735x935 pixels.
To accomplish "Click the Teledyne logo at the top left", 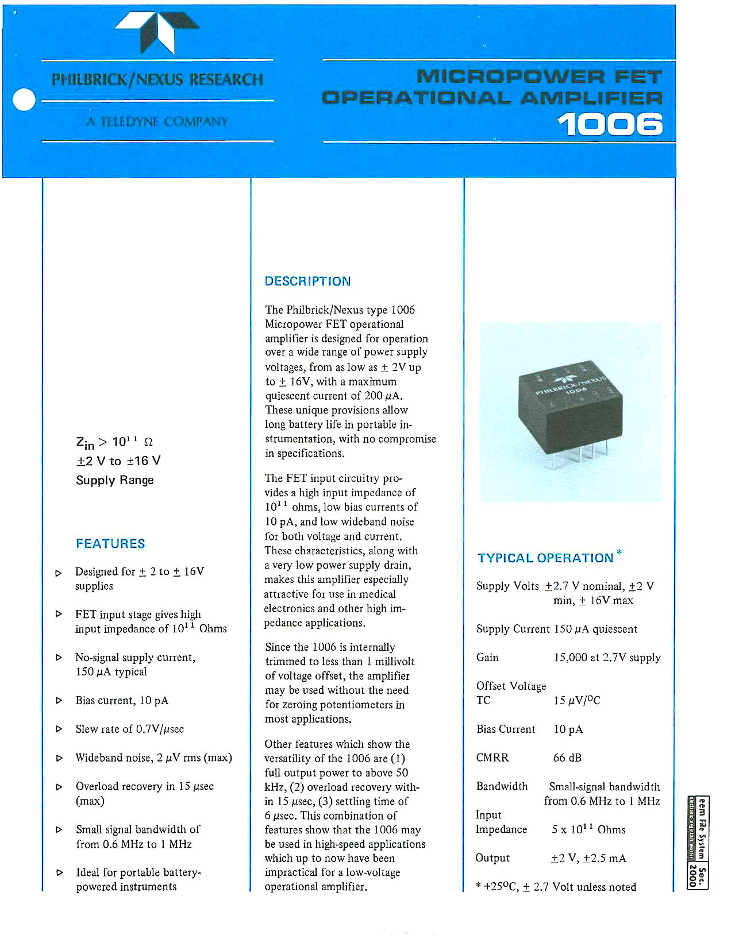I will (157, 31).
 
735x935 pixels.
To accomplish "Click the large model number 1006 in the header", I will (610, 125).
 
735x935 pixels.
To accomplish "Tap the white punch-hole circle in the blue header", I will (24, 100).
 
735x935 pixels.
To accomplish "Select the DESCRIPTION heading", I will (307, 281).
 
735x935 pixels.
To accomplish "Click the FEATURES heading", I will (110, 543).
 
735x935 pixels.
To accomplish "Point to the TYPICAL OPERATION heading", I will (545, 558).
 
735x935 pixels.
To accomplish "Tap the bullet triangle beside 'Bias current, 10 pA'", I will (59, 701).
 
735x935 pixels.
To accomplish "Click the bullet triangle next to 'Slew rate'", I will (59, 729).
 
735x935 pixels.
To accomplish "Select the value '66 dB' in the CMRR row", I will (567, 758).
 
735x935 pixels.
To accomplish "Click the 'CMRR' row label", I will (492, 758).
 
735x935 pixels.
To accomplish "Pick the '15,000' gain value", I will (572, 658).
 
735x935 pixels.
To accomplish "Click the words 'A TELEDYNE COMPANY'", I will (157, 122).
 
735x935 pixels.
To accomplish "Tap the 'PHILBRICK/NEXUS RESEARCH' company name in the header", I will (157, 79).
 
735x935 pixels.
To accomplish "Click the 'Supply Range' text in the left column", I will (115, 480).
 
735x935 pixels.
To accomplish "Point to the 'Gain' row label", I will (487, 658).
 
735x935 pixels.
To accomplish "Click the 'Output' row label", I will (492, 858).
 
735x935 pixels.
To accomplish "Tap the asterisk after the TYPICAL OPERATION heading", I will (619, 552).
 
